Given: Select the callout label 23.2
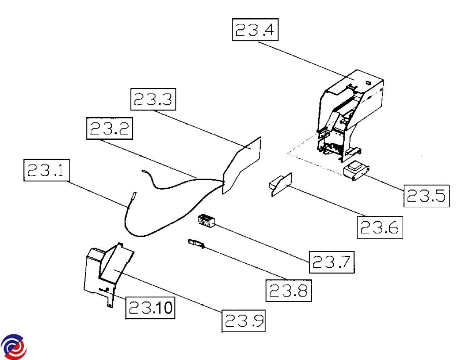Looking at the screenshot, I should [109, 129].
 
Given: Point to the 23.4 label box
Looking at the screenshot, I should [255, 31].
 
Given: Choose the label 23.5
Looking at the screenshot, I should [426, 195].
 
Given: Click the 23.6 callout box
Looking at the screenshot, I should [380, 228].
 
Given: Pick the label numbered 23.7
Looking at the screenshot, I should [332, 262].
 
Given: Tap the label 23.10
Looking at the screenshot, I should [150, 308].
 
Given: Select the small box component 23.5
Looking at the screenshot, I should [355, 171].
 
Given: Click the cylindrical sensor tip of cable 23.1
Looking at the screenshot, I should [133, 198].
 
